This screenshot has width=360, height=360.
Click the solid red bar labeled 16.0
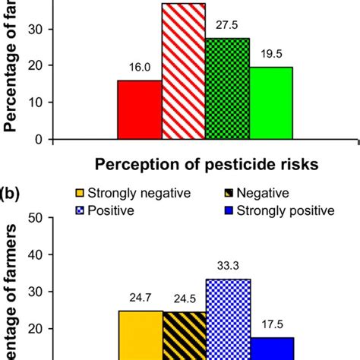point(140,109)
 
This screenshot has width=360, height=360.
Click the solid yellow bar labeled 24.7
point(141,334)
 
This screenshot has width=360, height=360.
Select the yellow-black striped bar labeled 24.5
point(184,335)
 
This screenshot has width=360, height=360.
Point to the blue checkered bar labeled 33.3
point(228,319)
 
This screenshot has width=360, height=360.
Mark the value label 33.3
point(227,270)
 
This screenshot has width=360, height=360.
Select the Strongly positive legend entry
point(281,210)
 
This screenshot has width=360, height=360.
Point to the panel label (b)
point(14,194)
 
